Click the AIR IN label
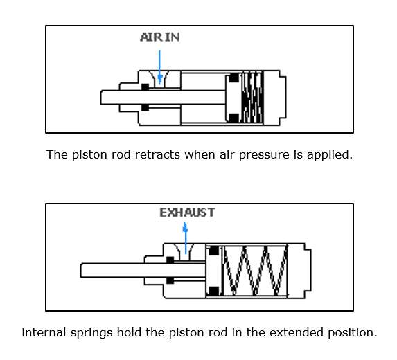coord(160,37)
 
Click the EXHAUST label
coord(187,213)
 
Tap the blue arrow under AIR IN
coord(159,67)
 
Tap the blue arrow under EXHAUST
coord(185,237)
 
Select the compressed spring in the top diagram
coord(252,98)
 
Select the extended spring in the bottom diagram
coord(255,271)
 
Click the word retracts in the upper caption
coord(157,154)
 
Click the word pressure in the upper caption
coord(264,155)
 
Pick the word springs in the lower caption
coord(91,333)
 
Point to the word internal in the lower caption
coord(44,332)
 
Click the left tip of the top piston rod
coord(100,98)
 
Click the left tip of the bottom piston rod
coord(80,271)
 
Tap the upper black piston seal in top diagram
coord(234,78)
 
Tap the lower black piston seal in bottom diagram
coord(214,291)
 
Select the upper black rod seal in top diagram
coord(145,87)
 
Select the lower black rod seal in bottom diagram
coord(170,280)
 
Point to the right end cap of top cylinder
coord(274,98)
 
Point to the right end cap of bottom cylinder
coord(299,271)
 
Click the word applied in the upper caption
coord(330,155)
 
